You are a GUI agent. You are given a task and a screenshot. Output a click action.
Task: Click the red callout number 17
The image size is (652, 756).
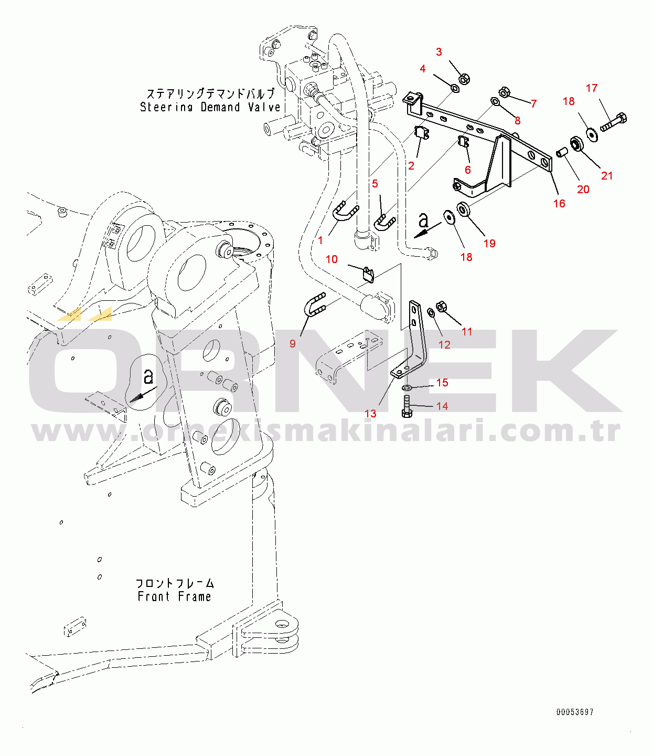tap(592, 88)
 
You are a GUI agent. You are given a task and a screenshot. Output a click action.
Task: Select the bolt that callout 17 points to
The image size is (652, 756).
tap(614, 122)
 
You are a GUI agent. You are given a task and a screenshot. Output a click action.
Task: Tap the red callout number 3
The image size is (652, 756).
tap(439, 52)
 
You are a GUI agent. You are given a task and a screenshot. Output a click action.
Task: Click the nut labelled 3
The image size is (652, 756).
tap(464, 79)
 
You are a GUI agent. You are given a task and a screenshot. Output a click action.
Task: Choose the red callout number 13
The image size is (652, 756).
tap(370, 414)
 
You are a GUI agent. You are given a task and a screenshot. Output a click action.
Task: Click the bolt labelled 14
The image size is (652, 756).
tap(407, 407)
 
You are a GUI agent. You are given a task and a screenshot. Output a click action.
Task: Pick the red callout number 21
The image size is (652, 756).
tap(607, 176)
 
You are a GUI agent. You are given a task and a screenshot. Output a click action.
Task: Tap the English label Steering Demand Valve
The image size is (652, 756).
tap(210, 107)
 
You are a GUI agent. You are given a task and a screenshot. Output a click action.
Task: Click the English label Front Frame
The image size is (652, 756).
tap(174, 596)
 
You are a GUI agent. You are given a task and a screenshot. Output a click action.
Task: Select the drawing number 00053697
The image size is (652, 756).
tap(575, 712)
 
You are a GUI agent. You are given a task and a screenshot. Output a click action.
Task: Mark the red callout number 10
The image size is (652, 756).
tap(332, 259)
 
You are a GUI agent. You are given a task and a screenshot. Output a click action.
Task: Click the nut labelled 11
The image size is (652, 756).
tap(441, 306)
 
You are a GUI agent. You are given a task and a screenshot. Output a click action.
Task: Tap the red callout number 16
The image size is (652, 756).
tap(559, 204)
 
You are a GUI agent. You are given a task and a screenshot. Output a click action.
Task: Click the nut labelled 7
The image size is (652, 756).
tap(504, 92)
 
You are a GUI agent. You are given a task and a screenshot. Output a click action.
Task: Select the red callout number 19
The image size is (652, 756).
tap(489, 244)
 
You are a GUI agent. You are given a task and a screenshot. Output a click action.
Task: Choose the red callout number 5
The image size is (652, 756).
tap(375, 184)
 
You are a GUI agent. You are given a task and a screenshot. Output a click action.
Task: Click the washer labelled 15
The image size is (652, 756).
tap(407, 387)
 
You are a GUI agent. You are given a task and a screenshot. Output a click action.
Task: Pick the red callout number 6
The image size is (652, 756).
tap(468, 170)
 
